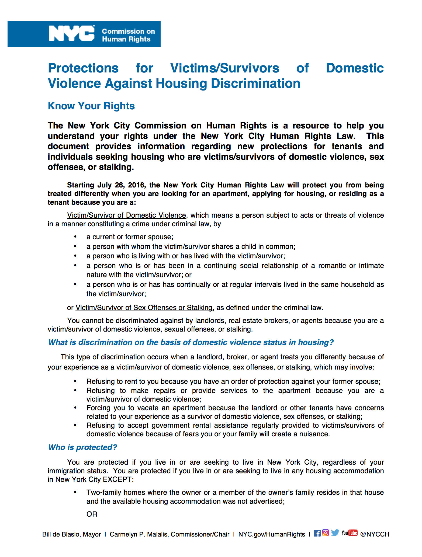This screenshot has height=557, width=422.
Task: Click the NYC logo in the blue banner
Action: coord(71,34)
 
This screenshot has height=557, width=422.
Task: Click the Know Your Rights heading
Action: coord(91,106)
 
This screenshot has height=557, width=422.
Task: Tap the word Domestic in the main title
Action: coord(355,68)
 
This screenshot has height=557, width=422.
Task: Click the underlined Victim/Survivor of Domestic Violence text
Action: coord(126,215)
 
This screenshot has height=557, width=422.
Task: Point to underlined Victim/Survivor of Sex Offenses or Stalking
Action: coord(144,308)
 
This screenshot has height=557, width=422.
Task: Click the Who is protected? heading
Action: coord(82,447)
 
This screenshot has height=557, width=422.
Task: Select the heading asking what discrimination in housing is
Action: coord(191,342)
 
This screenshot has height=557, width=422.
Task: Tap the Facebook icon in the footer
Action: coord(317,533)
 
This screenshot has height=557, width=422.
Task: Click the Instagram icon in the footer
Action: coord(326,533)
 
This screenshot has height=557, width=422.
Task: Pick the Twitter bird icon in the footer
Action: coord(335,533)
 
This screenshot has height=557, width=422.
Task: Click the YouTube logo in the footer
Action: coord(350,533)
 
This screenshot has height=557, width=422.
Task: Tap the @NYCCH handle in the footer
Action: coord(375,534)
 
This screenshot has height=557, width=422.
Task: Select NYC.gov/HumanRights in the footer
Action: coord(272,534)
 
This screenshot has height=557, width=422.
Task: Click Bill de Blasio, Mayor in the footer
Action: coord(71,534)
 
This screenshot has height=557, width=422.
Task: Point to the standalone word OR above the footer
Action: coord(92,514)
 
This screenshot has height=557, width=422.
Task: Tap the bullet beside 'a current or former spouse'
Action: coord(75,237)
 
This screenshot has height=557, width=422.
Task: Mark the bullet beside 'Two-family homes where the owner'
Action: coord(75,492)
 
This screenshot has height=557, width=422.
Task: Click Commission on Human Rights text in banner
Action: coord(128,35)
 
